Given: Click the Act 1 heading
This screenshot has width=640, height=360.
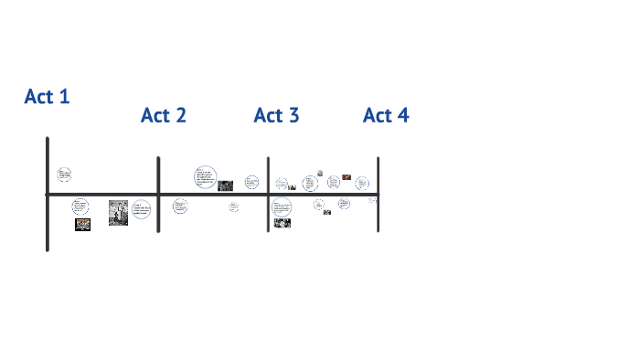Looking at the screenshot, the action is click(x=47, y=96).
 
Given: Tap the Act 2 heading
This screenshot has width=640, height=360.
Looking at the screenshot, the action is click(x=164, y=115).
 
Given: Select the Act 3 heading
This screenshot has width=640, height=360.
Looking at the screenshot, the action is click(x=276, y=115).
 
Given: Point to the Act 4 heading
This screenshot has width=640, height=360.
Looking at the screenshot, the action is click(x=386, y=115).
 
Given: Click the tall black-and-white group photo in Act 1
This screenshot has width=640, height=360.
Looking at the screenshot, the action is click(x=118, y=213).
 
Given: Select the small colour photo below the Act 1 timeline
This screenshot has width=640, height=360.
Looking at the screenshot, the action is click(x=82, y=225).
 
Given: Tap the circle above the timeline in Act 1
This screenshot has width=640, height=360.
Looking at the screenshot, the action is click(x=64, y=174).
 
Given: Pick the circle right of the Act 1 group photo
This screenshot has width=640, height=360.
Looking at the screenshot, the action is click(x=141, y=209).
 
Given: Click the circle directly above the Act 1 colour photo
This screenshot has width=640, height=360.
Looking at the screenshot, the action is click(x=81, y=206).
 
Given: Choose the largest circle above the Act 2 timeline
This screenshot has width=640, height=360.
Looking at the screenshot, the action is click(x=206, y=177).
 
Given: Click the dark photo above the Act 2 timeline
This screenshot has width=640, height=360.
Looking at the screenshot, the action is click(x=225, y=185).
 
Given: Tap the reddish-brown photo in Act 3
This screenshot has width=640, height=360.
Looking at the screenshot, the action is click(x=347, y=177).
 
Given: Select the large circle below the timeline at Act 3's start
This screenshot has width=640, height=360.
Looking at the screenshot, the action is click(x=282, y=206).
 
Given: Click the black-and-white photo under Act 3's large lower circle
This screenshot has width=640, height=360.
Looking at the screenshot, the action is click(x=283, y=222).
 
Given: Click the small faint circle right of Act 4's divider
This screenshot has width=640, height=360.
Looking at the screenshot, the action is click(x=372, y=200).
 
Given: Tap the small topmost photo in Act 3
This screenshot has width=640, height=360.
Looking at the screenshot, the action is click(x=320, y=172).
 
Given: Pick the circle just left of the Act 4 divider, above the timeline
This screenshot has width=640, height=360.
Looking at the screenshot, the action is click(x=362, y=183).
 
